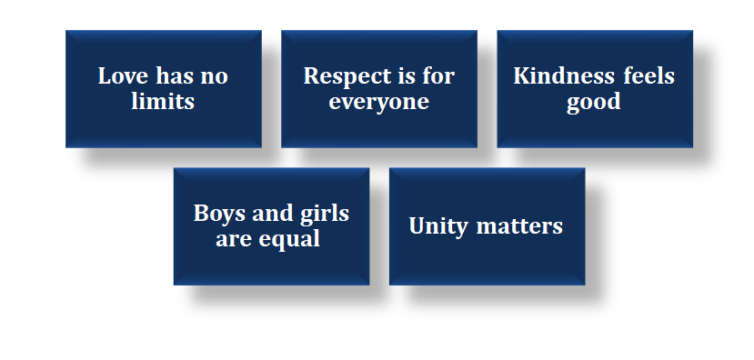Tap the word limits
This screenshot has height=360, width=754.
coord(163,101)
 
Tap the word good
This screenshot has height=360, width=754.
coord(593,103)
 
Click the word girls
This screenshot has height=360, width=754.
coord(325,215)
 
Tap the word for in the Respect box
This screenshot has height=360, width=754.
coord(437,76)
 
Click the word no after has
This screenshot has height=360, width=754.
coord(214,79)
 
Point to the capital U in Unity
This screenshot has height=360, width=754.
coord(417,225)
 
